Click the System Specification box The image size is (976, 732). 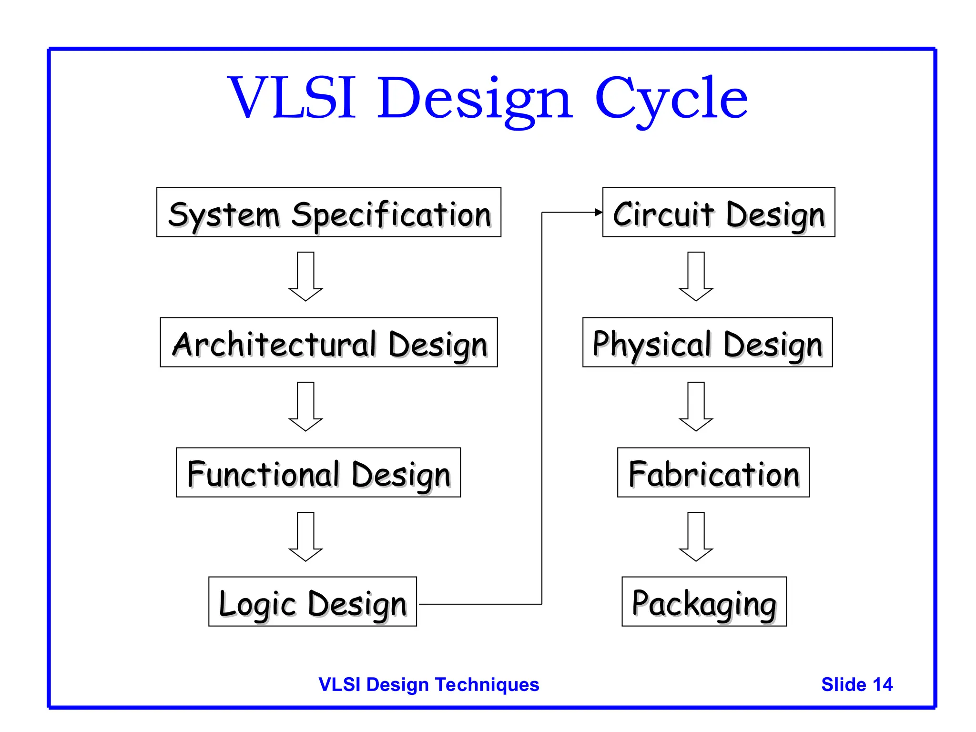click(x=328, y=213)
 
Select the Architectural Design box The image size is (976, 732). click(x=328, y=342)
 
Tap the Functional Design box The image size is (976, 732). click(x=318, y=472)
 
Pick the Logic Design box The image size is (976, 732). click(x=312, y=601)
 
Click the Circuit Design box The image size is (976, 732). click(x=719, y=213)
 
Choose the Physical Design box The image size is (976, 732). click(x=707, y=342)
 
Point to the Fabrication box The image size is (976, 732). click(x=713, y=472)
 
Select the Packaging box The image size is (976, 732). click(x=704, y=601)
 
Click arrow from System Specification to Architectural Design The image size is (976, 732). click(x=305, y=276)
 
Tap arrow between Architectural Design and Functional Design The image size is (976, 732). click(x=305, y=407)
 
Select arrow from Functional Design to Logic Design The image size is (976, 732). click(x=305, y=537)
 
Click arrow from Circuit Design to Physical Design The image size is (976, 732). click(x=696, y=276)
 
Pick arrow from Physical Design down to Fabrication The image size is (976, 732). click(x=696, y=407)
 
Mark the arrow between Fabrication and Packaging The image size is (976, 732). click(x=696, y=537)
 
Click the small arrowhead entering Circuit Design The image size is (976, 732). click(x=599, y=213)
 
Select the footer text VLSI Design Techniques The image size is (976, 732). click(x=428, y=684)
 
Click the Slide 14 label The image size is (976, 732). click(x=856, y=684)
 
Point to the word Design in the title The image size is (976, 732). click(x=475, y=100)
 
